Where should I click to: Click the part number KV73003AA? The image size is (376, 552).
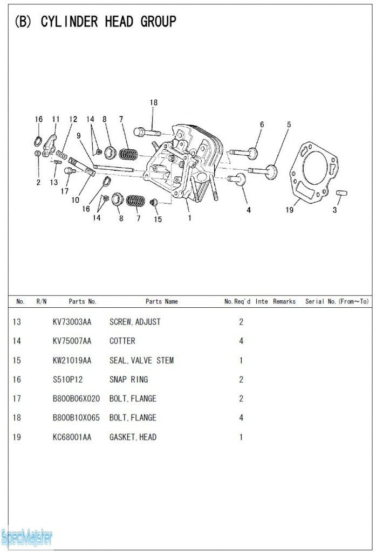pos(72,322)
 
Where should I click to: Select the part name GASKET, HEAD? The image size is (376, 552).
pos(133,437)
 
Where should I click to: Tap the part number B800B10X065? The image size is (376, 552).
pos(76,418)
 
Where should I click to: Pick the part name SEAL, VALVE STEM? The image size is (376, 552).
pos(141,360)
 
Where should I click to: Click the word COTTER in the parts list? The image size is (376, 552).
pos(122,341)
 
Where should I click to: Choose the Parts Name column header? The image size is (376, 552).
pos(161,302)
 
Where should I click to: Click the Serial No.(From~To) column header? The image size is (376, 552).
pos(337,302)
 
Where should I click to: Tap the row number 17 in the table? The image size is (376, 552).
pos(17,399)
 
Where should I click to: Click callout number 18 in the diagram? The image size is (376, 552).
pos(154,102)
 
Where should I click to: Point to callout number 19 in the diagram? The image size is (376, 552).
pos(290,210)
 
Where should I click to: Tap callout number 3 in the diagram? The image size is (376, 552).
pos(334,210)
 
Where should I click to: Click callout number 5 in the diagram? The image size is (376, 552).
pos(289,125)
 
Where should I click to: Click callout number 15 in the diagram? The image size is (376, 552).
pos(158,219)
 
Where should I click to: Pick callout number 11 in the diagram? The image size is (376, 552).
pos(56,119)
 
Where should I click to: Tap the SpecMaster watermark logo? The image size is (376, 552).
pos(27,536)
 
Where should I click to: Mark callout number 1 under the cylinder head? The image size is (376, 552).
pos(189,218)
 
